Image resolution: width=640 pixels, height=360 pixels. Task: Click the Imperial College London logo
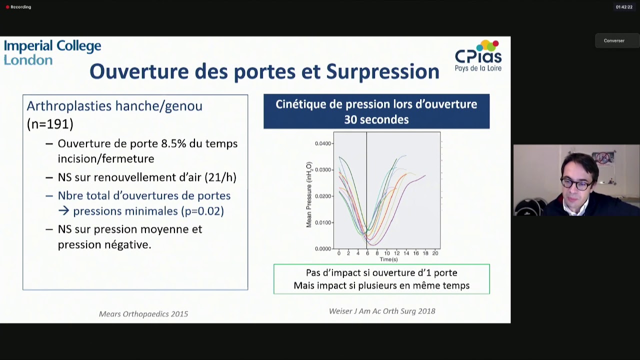point(52,53)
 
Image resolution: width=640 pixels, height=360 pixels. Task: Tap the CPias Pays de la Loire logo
point(478,56)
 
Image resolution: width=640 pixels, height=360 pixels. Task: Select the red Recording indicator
point(7,7)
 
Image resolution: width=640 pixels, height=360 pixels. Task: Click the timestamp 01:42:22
point(623,7)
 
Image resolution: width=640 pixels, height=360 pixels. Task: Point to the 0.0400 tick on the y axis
point(323,144)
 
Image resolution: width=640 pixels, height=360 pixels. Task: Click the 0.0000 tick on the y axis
point(323,249)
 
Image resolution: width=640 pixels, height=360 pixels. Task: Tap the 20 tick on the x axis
point(435,253)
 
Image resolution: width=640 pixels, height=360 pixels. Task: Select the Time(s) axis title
point(388,259)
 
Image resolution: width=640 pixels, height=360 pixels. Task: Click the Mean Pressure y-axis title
point(309,194)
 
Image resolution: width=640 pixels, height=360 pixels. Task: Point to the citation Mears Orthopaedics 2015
point(143,314)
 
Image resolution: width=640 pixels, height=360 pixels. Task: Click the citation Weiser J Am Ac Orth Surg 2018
point(382,311)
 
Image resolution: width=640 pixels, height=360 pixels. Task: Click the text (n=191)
point(50,124)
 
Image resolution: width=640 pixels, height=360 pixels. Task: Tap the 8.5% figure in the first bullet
point(174,144)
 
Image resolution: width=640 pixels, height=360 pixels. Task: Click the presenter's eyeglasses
point(575,184)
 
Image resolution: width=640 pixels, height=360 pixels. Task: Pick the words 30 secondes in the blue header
point(376,120)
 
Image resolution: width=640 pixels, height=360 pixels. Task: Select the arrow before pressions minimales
point(63,211)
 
